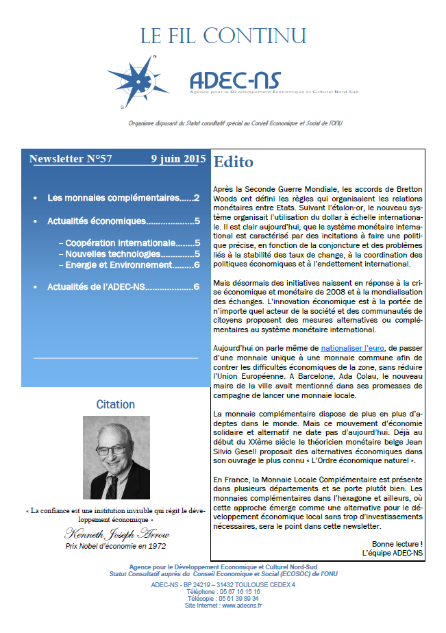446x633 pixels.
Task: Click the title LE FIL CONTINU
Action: click(x=223, y=36)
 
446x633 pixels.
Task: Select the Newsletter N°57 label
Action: click(x=71, y=159)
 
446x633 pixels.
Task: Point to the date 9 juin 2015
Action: click(x=178, y=159)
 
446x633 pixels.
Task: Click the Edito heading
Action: click(x=234, y=162)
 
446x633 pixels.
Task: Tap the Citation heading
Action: click(x=115, y=404)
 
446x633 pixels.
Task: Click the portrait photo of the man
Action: click(x=116, y=457)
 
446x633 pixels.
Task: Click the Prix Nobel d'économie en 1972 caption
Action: click(x=115, y=546)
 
